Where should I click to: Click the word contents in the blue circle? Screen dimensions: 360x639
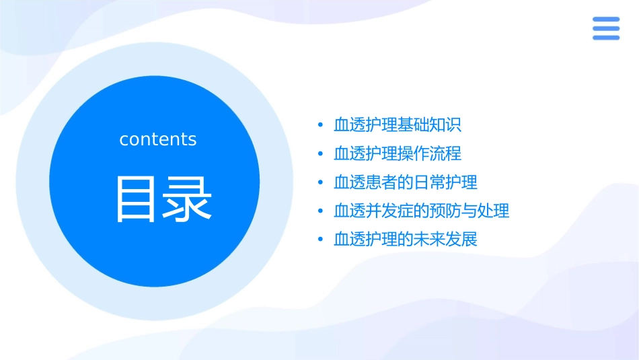click(x=158, y=139)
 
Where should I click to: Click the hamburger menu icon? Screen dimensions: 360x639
click(x=606, y=28)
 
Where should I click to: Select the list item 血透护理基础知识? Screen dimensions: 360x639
click(x=398, y=125)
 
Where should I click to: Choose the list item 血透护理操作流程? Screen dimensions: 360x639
click(x=398, y=153)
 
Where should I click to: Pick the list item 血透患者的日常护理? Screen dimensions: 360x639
click(x=406, y=182)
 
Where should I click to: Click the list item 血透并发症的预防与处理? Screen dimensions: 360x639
click(x=422, y=211)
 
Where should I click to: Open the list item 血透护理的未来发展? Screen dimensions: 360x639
click(x=406, y=240)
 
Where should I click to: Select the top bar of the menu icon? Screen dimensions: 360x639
click(x=606, y=20)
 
